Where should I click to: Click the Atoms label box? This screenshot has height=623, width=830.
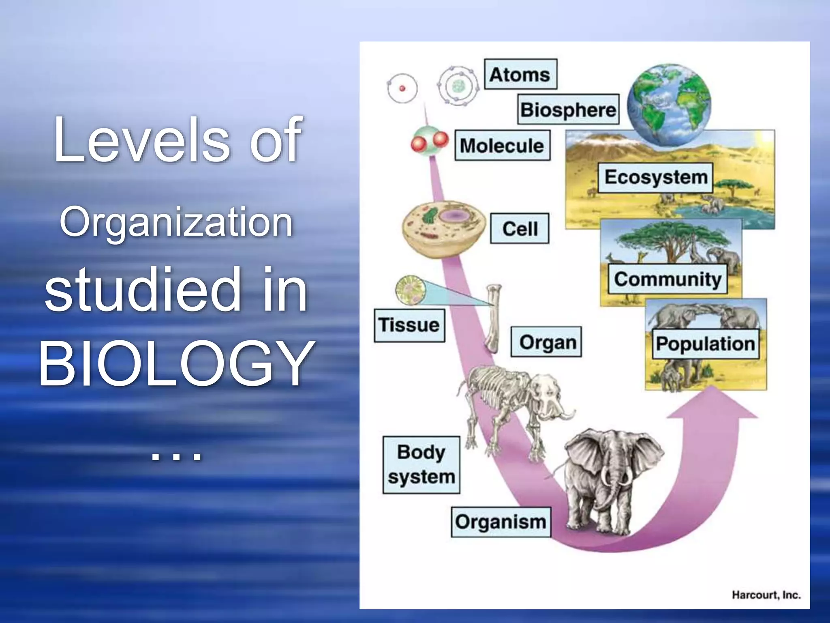(x=520, y=74)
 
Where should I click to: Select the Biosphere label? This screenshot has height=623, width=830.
(x=568, y=110)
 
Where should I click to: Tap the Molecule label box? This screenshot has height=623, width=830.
(x=502, y=145)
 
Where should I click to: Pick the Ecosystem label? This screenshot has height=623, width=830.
(x=656, y=178)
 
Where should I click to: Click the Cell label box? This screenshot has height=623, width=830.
(x=520, y=228)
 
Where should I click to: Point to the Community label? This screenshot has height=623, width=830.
(x=667, y=279)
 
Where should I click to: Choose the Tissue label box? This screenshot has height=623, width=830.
(x=409, y=325)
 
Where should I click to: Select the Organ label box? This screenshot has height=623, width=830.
(x=546, y=342)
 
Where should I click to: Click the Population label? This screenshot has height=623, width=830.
(x=705, y=344)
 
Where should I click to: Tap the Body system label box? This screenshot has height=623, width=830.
(x=421, y=465)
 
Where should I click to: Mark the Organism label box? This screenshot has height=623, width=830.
(x=501, y=522)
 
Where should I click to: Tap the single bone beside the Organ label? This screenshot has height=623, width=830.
(x=493, y=318)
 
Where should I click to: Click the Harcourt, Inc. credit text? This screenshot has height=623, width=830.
(x=766, y=595)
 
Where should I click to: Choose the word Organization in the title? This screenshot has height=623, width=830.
(x=176, y=222)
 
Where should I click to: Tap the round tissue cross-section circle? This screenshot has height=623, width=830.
(x=410, y=290)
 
